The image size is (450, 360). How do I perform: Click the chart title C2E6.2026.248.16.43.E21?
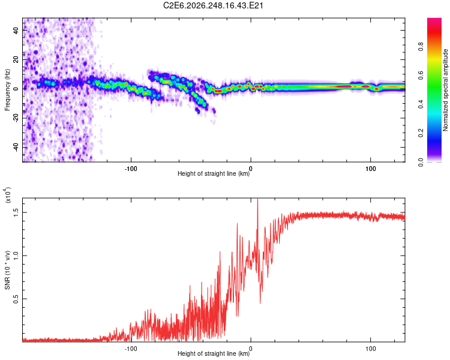tap(213, 5)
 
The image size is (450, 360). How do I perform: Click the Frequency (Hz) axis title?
tap(7, 89)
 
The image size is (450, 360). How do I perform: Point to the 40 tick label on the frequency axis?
tap(16, 31)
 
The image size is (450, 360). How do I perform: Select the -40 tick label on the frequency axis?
tap(16, 148)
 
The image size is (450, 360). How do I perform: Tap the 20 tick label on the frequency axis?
tap(16, 60)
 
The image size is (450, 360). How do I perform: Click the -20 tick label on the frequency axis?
tap(16, 119)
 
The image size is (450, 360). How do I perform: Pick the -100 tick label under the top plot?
tap(131, 169)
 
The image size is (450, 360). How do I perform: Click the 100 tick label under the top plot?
tap(371, 169)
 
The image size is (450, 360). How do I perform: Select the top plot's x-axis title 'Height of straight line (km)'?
tap(214, 173)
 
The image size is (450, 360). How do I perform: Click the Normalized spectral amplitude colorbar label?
tap(445, 90)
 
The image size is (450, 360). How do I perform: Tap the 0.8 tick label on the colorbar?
tap(421, 47)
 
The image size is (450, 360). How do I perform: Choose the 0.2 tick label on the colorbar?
tap(421, 133)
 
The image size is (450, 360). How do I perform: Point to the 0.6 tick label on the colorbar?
tap(421, 76)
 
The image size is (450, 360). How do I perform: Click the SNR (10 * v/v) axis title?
tap(7, 270)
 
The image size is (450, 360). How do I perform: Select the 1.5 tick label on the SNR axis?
tap(16, 212)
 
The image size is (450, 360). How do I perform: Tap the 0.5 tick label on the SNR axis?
tap(16, 299)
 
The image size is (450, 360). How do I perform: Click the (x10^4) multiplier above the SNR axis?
tap(8, 195)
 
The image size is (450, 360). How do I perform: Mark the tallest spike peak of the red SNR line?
tap(257, 199)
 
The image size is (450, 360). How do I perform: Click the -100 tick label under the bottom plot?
tap(131, 349)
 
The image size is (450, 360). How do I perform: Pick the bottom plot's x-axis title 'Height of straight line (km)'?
tap(214, 353)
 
